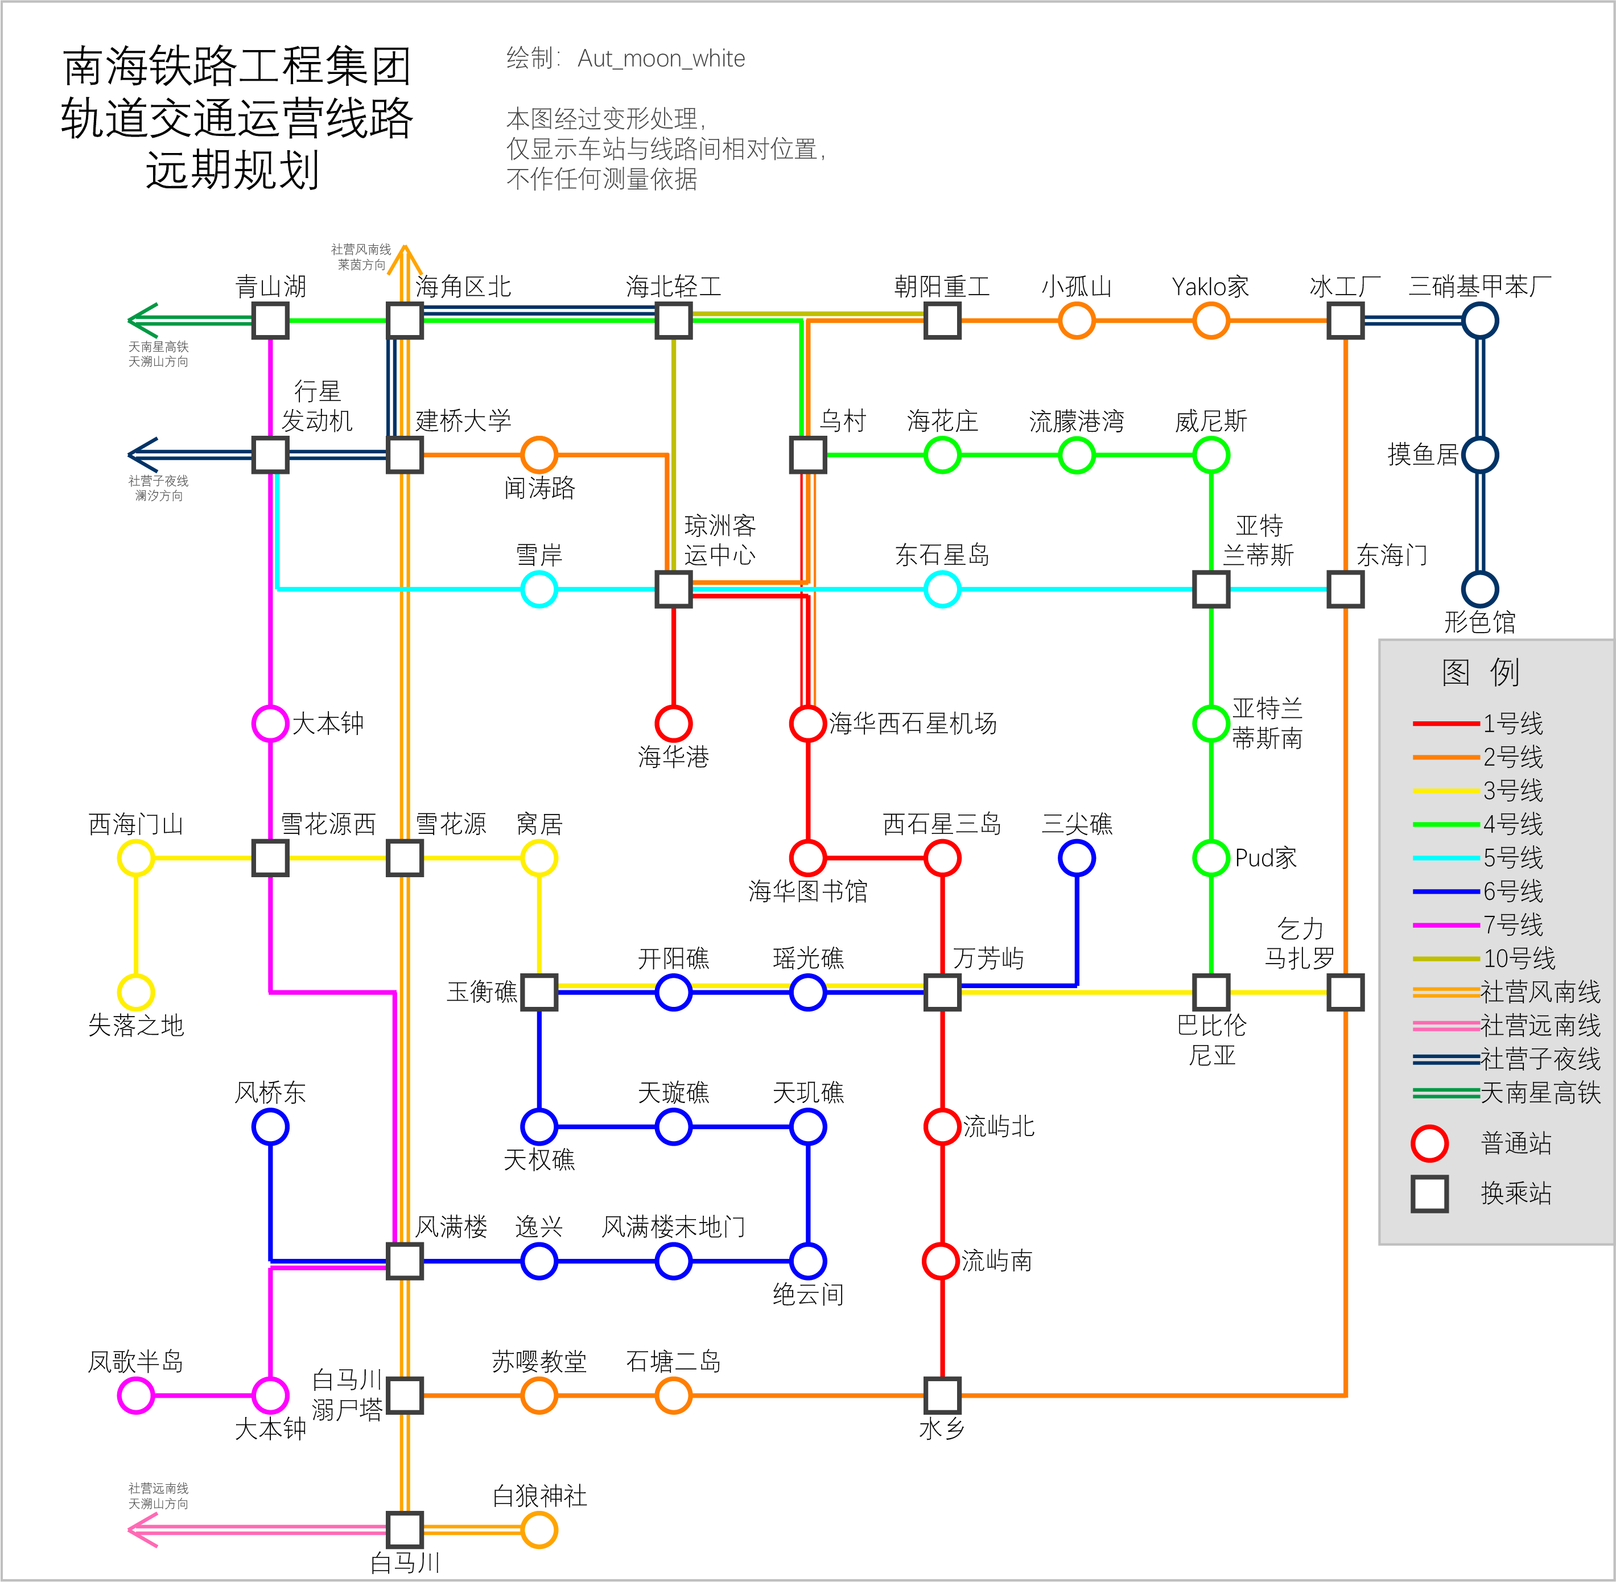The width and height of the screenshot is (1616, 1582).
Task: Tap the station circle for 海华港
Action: point(673,724)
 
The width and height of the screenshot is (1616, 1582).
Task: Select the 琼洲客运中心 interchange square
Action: point(673,589)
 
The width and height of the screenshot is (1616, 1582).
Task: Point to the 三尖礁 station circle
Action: point(1077,857)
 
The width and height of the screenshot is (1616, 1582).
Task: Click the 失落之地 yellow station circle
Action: point(135,992)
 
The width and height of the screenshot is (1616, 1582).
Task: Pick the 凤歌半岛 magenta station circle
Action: point(135,1395)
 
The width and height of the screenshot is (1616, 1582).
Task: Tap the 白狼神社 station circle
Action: point(539,1530)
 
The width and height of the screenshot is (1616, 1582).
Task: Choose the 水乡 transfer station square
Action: point(942,1395)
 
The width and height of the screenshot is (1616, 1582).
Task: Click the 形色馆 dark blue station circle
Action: point(1479,589)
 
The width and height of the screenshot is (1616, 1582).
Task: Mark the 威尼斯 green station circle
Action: point(1211,455)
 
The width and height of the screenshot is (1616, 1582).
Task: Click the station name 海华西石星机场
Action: point(913,724)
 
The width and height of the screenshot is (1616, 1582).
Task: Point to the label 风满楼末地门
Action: point(673,1226)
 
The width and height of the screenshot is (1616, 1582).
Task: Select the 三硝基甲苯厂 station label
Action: point(1479,287)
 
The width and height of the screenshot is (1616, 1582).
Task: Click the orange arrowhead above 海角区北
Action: point(404,253)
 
